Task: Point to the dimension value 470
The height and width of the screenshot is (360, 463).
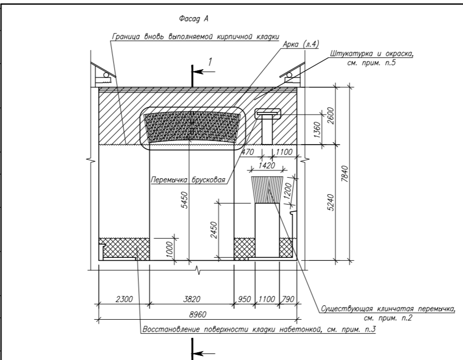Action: pos(249,152)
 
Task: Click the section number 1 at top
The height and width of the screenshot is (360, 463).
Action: pos(210,61)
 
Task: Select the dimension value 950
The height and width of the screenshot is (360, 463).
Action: pos(244,299)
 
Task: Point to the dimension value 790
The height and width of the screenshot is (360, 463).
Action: pos(288,299)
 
